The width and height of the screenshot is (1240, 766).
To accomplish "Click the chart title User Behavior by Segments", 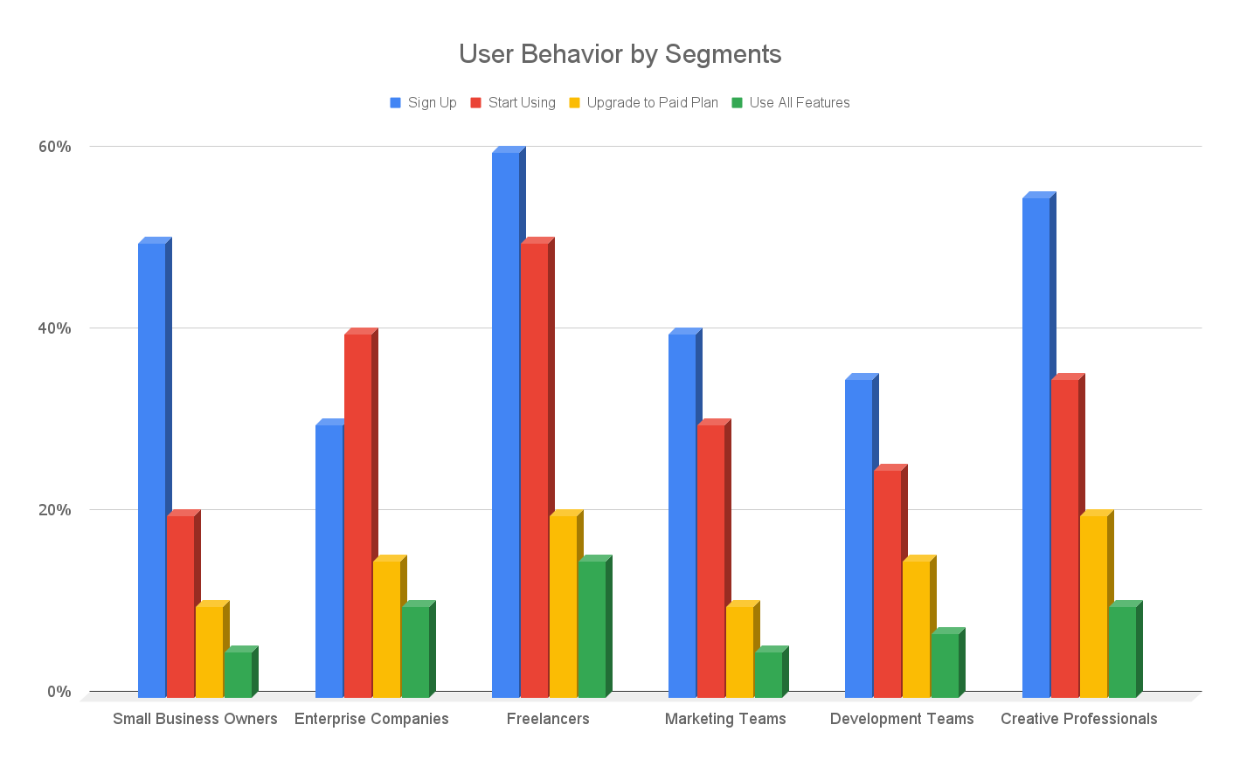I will click(620, 54).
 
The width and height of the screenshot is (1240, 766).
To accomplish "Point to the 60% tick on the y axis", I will click(54, 147).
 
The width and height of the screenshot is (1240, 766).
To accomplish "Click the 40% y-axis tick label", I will click(54, 328).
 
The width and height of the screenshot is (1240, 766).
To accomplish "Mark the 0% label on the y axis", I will click(59, 692).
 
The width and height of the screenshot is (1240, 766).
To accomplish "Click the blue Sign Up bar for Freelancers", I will click(506, 424).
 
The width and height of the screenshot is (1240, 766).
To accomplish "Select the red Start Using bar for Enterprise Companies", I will click(358, 515).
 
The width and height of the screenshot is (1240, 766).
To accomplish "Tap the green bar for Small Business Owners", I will click(239, 674).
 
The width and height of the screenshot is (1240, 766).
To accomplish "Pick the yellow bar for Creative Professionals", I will click(1093, 606).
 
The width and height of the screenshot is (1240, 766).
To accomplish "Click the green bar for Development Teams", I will click(945, 665).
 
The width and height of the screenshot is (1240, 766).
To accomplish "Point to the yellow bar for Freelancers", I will click(564, 606).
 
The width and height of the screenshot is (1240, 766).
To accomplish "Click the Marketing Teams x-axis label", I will click(725, 719).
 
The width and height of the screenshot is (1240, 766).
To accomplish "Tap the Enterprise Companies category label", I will click(371, 719).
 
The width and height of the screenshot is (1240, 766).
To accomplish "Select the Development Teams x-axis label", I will click(902, 719).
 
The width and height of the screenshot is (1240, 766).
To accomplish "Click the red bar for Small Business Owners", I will click(181, 606).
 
